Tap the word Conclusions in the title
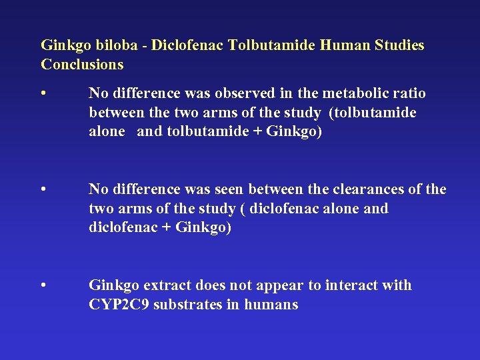(82, 65)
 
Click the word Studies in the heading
(399, 46)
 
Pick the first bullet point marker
(43, 93)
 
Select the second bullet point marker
(43, 190)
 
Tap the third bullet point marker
(43, 286)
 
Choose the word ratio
(409, 93)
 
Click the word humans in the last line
(271, 305)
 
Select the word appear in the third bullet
(278, 286)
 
